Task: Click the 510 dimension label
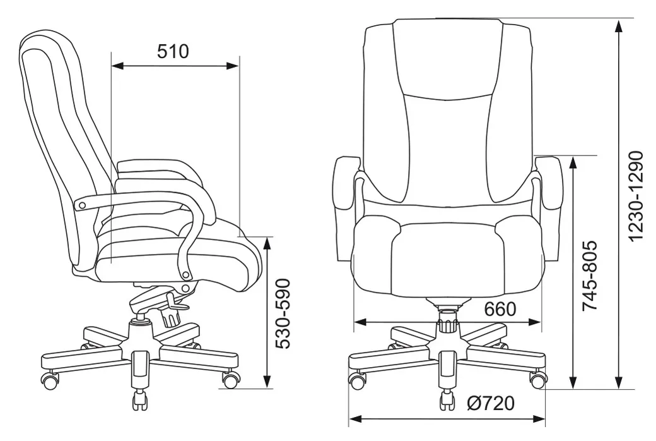click(173, 51)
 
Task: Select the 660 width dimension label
click(500, 309)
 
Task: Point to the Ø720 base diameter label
click(491, 403)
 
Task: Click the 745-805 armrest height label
click(590, 275)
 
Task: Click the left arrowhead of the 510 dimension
click(118, 66)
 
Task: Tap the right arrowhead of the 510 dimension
click(232, 66)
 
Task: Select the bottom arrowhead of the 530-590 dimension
click(267, 381)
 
